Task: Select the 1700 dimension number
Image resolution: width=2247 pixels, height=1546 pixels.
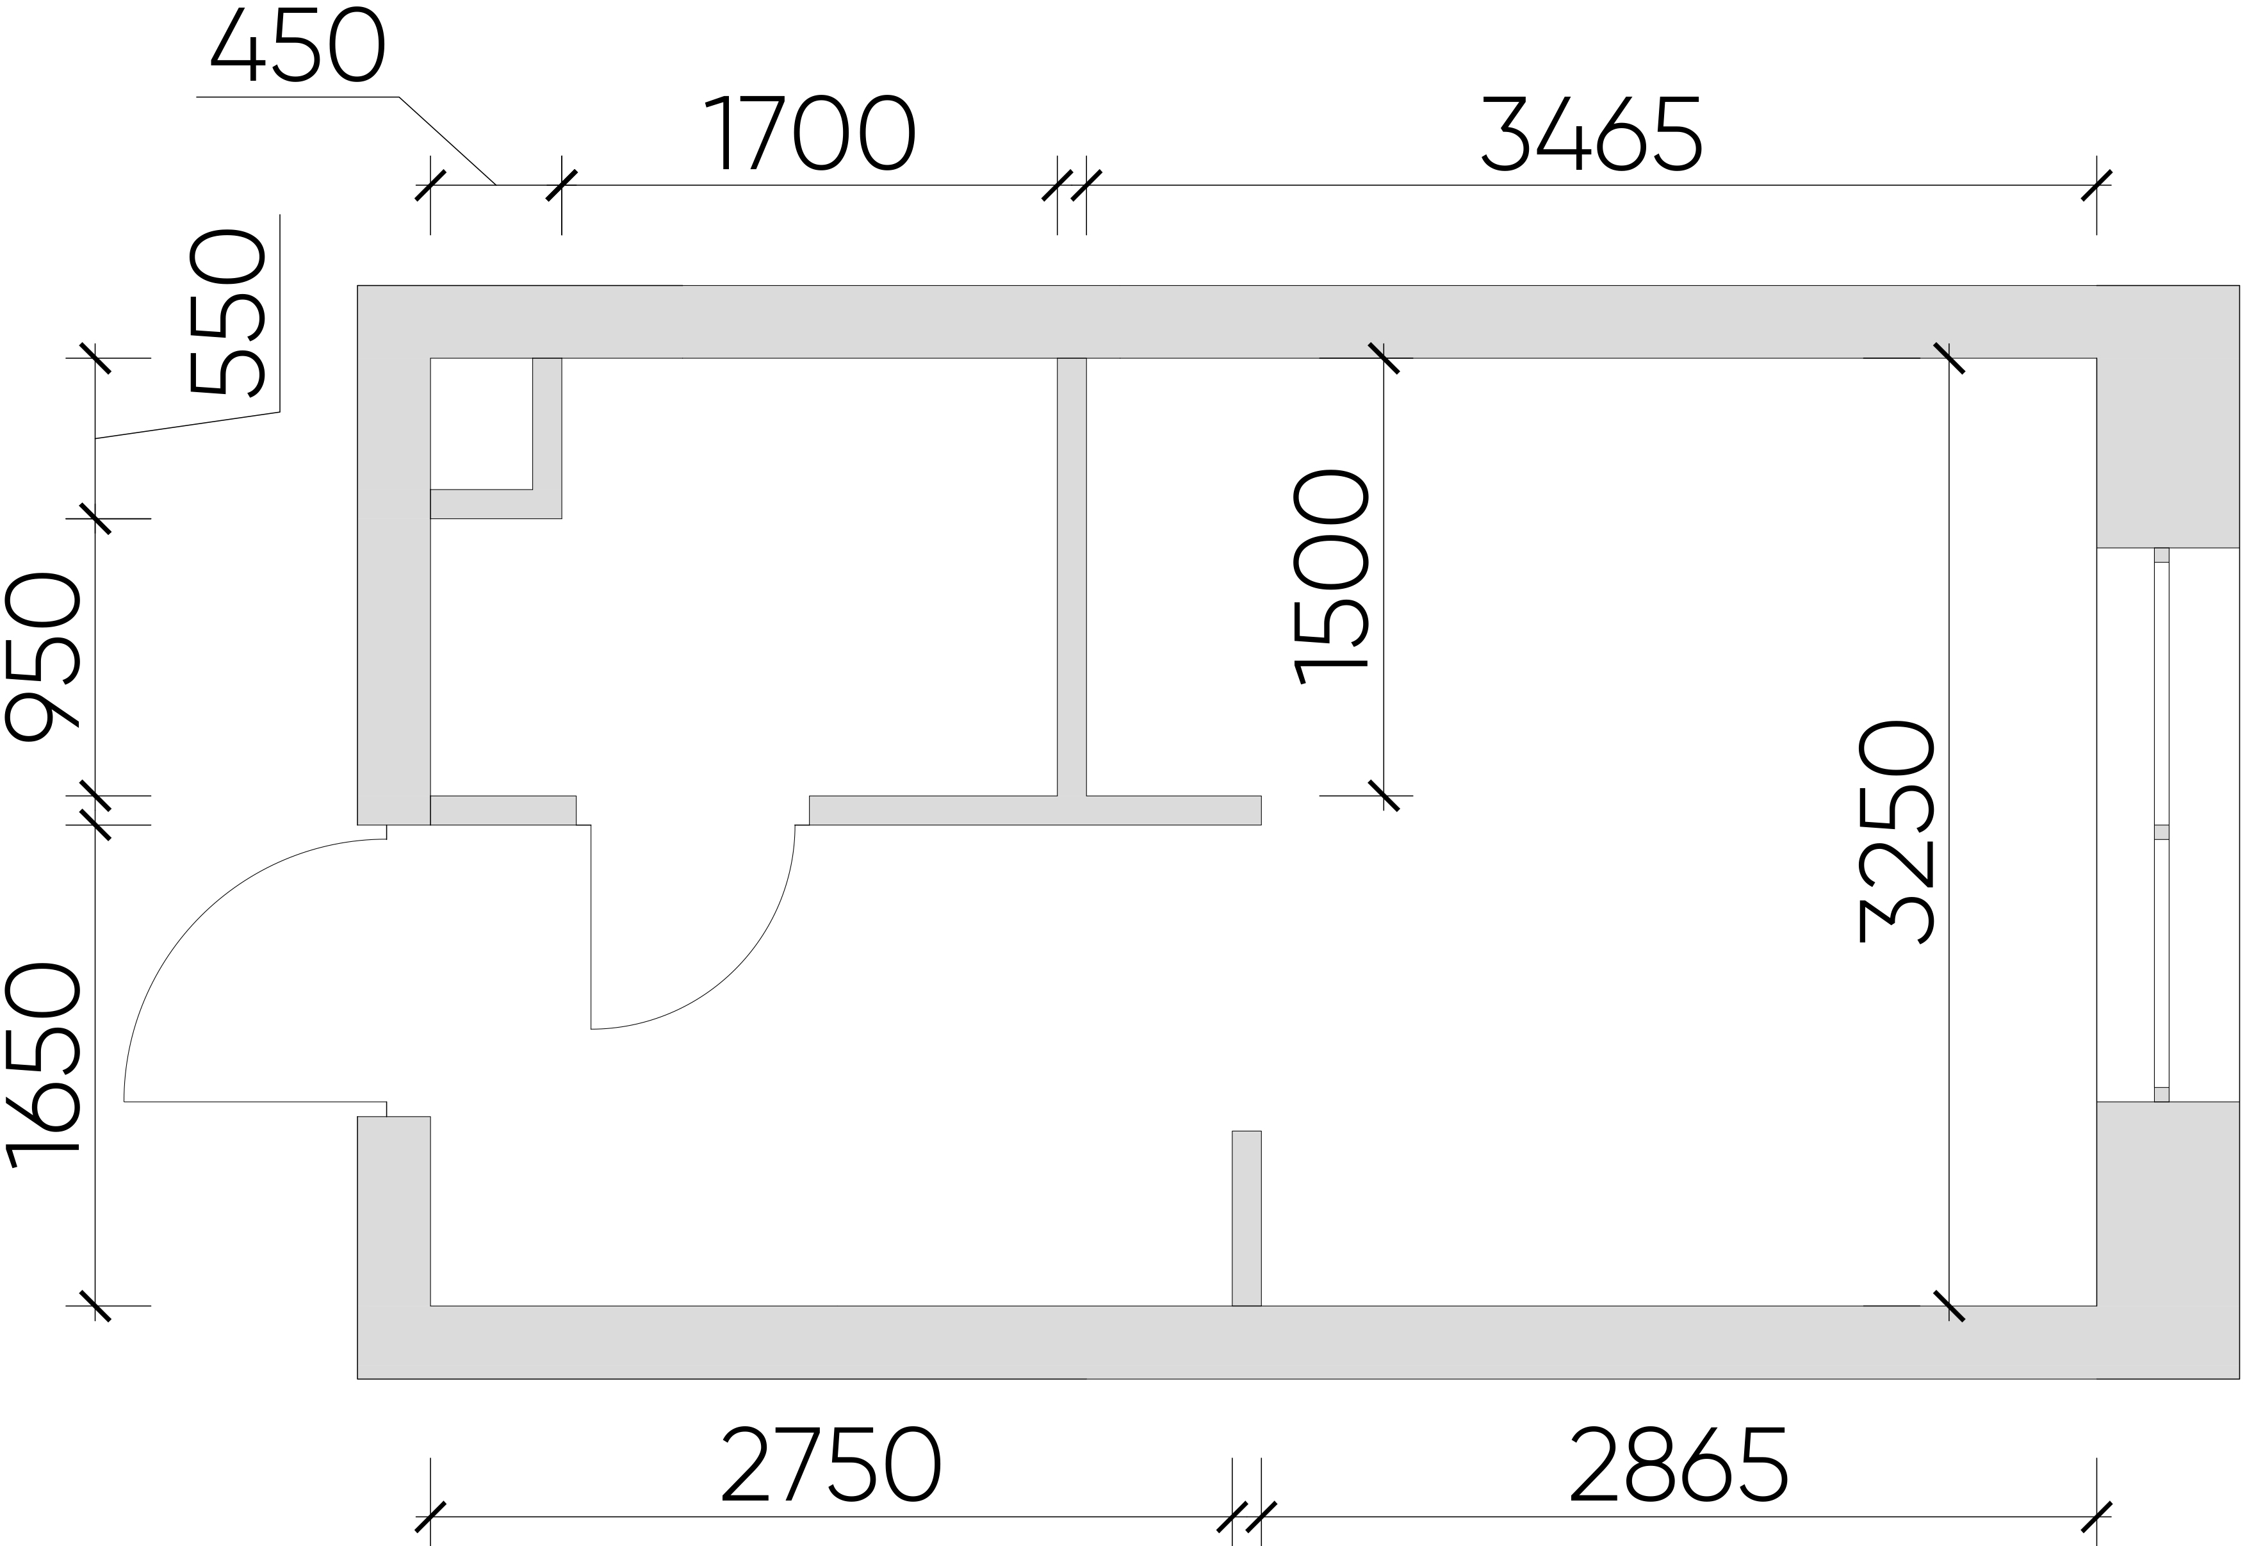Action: pos(809,133)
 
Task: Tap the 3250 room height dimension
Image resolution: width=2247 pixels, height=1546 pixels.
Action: pos(1897,831)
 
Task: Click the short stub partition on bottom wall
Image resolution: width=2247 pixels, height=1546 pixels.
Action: pos(1246,1217)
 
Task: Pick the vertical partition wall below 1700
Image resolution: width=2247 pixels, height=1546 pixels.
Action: pos(1071,577)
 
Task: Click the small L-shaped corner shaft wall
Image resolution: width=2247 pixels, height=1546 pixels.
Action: pos(496,438)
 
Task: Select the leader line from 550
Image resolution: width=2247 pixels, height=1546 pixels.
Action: pos(188,327)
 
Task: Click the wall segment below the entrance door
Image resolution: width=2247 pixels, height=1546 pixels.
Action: pos(394,1247)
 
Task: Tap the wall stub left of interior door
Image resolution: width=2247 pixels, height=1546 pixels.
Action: pos(503,810)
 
